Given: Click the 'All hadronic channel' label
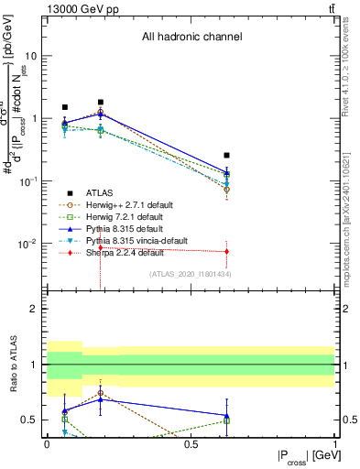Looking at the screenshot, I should coord(191,38).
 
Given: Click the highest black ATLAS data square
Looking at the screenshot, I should coord(101,103).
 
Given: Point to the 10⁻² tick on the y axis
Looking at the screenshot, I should coord(29,244).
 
